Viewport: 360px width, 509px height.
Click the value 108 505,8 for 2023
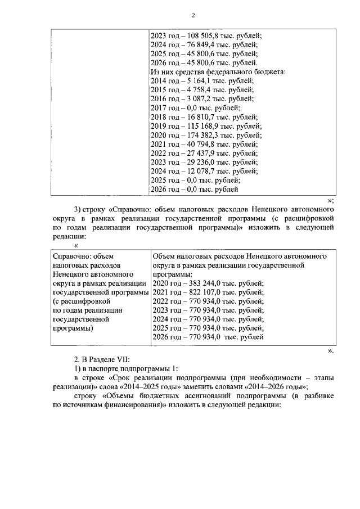(196, 35)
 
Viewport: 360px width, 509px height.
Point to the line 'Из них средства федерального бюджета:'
(218, 72)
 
